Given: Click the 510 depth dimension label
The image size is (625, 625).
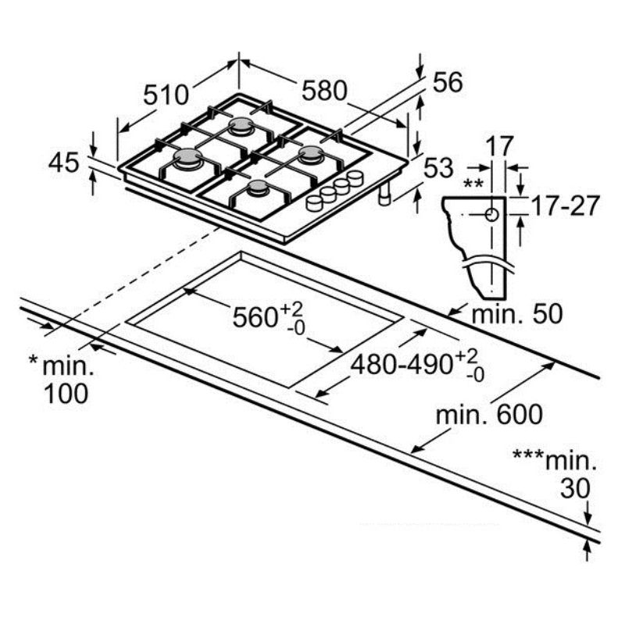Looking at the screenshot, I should pos(166,95).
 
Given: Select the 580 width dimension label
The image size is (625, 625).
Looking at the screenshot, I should pos(324,91).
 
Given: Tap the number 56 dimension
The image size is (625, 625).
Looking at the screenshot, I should pos(447,82).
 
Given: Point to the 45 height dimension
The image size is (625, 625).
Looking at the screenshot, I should pos(64,162).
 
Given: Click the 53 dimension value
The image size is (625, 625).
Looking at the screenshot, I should pos(439,167).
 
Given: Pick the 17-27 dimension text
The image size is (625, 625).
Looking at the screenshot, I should pos(565,206).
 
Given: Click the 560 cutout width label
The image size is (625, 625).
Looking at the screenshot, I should pos(258,317).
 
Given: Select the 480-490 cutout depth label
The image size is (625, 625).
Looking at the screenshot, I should pos(407,364).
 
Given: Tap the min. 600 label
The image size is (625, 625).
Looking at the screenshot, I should pos(489,414).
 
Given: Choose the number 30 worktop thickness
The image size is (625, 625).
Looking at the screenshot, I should pos(576,488).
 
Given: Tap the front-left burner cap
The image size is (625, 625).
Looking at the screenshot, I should pos(188,159).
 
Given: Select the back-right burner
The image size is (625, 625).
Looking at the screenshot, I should pos(310,154).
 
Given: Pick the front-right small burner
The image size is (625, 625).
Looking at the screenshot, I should pos(257,188).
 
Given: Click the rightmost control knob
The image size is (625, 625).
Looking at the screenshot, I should pos(355,178).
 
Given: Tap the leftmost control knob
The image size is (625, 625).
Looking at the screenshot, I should pos(314,203).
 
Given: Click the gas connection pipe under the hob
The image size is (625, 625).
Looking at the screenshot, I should pos(384,197).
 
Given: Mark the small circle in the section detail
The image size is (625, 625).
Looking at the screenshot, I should pos(491,215).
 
